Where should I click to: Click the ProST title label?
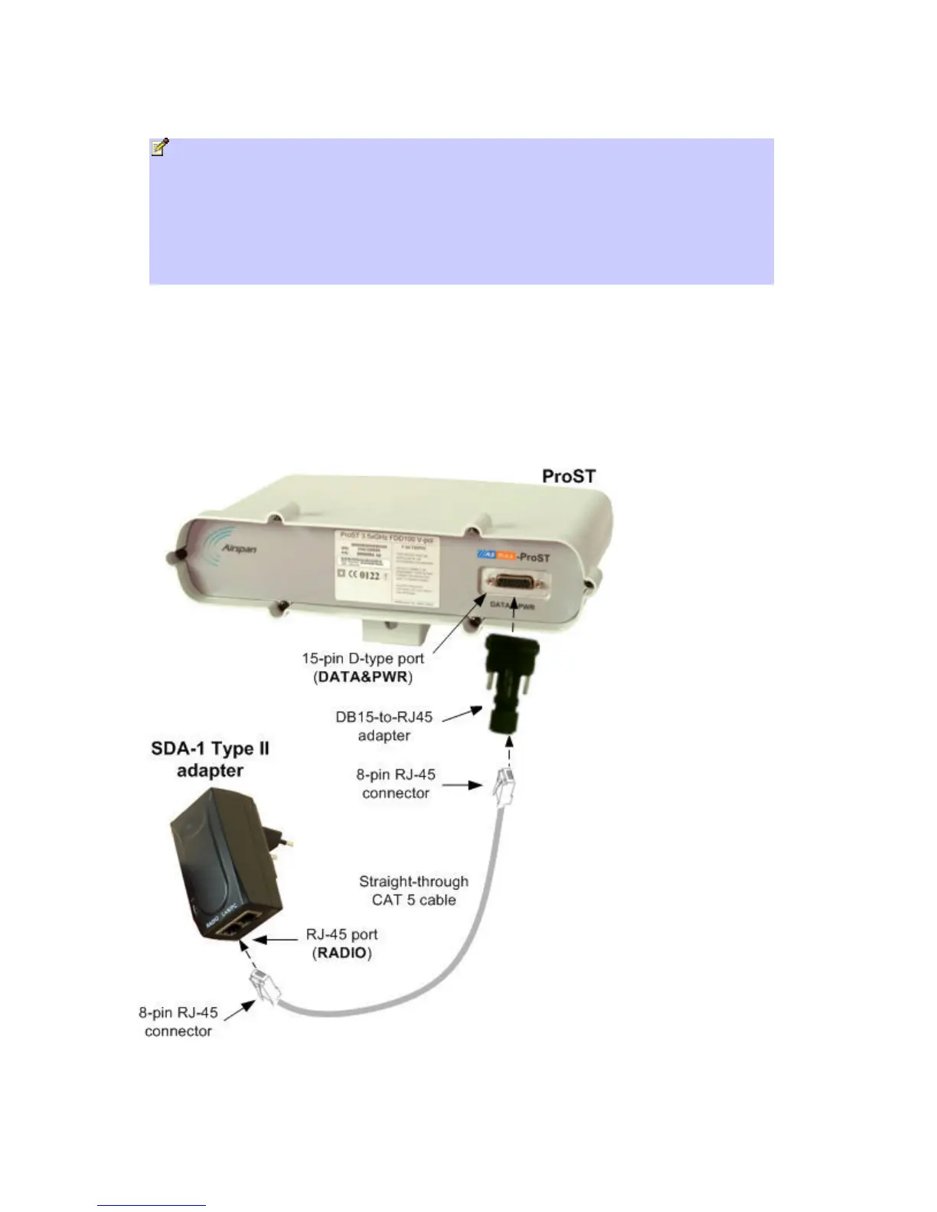[x=568, y=476]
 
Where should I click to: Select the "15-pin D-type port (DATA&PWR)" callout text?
[x=363, y=667]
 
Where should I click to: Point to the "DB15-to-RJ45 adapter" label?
[x=384, y=726]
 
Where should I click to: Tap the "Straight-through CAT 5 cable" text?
[x=413, y=891]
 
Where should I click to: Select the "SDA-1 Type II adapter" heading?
[x=210, y=759]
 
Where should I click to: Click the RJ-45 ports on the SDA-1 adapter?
[x=231, y=929]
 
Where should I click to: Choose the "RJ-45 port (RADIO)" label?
[x=341, y=943]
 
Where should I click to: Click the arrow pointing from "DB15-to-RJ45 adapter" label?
[x=462, y=715]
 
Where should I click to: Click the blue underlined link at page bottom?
[x=152, y=1205]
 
